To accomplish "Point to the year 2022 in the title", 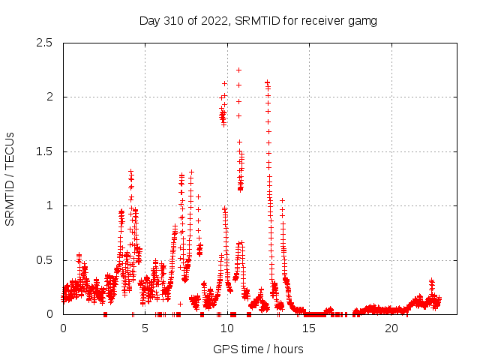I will click(211, 20).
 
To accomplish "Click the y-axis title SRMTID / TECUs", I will click(10, 178).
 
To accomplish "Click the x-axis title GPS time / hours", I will click(258, 349).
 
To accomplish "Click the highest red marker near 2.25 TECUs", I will click(238, 70).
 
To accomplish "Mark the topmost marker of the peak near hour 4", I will click(130, 172).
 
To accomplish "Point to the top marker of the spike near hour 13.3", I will click(282, 200).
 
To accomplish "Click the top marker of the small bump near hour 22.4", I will click(431, 280).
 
